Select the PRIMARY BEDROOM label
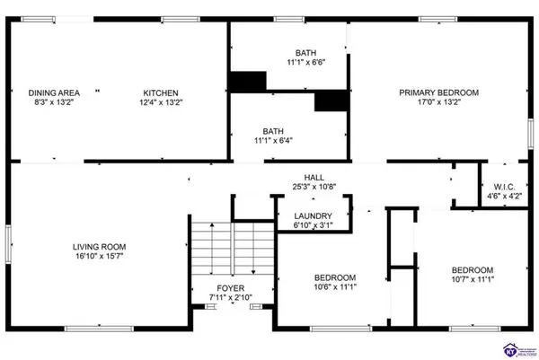click(438, 92)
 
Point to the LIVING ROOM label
click(99, 246)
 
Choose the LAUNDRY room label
click(313, 216)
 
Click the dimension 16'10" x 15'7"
click(99, 258)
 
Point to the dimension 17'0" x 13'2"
click(438, 103)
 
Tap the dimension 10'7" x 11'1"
click(472, 282)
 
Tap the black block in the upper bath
click(247, 82)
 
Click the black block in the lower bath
click(331, 101)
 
